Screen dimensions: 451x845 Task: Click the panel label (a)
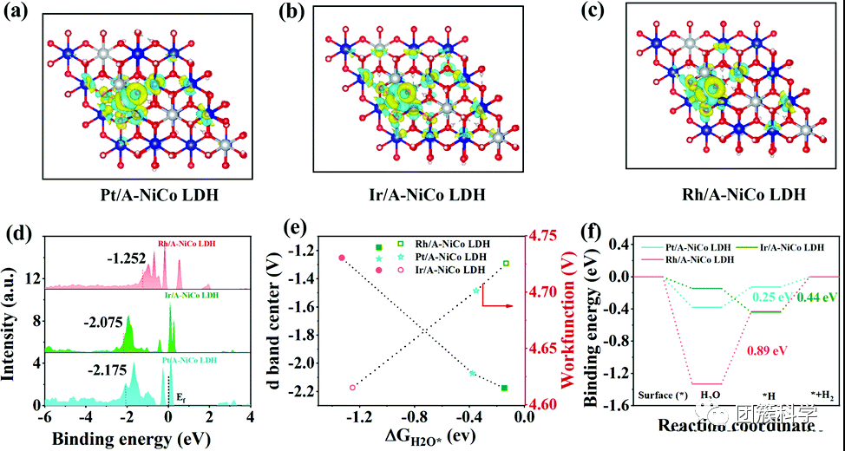click(x=22, y=15)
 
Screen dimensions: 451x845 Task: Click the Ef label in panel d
click(x=181, y=395)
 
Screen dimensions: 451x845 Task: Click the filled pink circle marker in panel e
click(x=342, y=258)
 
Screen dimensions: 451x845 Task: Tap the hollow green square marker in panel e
click(x=506, y=263)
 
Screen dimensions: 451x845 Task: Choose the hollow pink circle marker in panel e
click(x=352, y=388)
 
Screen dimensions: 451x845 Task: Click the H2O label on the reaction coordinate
click(x=711, y=397)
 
